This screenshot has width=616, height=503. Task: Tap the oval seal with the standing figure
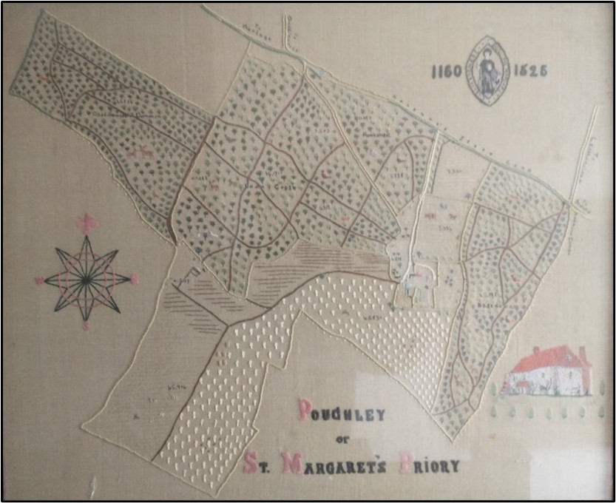489,70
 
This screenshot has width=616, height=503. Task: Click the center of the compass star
87,280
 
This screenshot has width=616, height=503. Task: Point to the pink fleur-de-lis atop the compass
87,222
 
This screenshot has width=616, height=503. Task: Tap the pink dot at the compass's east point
135,279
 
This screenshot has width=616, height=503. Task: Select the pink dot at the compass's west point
39,280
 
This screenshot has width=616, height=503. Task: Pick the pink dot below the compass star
87,325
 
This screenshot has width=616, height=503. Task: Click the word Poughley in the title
341,411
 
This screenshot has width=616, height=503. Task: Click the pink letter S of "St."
250,465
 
